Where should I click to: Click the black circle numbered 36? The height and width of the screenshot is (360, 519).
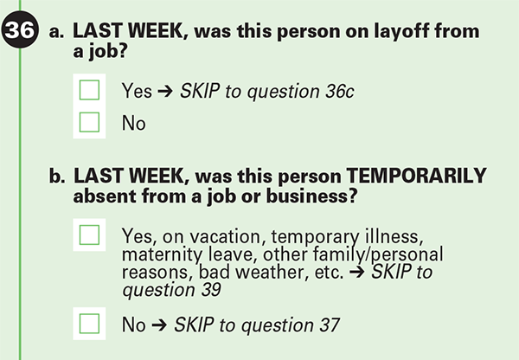click(20, 29)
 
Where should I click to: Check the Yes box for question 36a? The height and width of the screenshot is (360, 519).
click(89, 90)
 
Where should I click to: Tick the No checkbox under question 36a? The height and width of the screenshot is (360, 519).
click(89, 122)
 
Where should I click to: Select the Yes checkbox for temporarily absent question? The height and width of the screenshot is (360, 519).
click(89, 235)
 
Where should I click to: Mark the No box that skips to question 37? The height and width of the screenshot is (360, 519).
click(89, 324)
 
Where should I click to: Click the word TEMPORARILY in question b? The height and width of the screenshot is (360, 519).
click(416, 176)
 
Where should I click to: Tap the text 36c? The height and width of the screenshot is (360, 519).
click(340, 91)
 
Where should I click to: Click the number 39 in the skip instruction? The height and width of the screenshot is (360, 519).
click(211, 289)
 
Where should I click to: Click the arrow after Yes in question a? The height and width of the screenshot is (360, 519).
click(165, 91)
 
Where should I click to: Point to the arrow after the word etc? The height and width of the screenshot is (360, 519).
click(356, 272)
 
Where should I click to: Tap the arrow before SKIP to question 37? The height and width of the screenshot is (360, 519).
click(159, 325)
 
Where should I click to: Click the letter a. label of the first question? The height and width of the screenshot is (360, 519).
click(56, 32)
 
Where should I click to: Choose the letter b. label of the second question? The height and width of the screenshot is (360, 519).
click(57, 176)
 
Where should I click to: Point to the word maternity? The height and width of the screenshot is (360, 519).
click(163, 255)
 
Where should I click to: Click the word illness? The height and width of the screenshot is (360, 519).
click(394, 236)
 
